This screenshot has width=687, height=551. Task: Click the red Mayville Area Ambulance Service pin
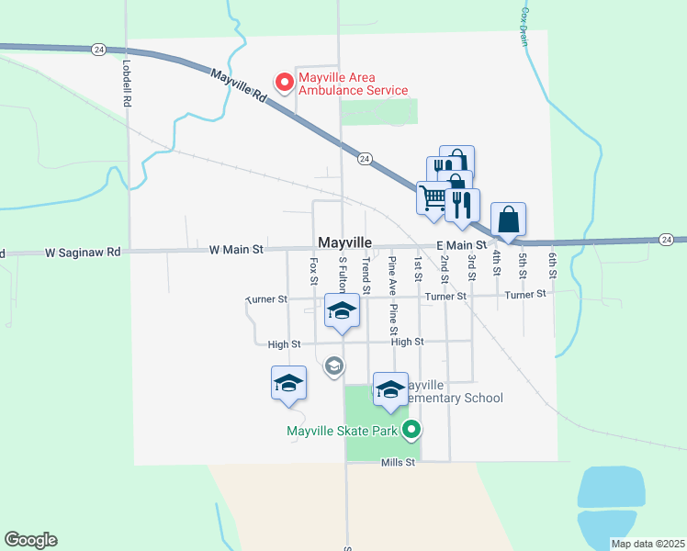click(x=285, y=83)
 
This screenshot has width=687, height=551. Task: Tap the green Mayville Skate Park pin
click(x=412, y=428)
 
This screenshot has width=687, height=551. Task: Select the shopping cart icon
click(x=434, y=197)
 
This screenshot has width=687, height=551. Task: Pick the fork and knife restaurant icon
click(x=462, y=205)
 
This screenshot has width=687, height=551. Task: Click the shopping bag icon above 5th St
click(x=508, y=219)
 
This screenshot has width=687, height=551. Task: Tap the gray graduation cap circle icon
click(x=334, y=366)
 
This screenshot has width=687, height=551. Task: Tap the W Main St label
click(x=236, y=249)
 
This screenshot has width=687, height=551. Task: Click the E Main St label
click(x=460, y=245)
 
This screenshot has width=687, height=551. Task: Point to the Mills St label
click(x=399, y=464)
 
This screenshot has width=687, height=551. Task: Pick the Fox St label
click(x=313, y=271)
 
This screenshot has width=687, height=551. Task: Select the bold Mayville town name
click(x=344, y=242)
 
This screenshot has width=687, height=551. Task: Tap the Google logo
click(x=31, y=540)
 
